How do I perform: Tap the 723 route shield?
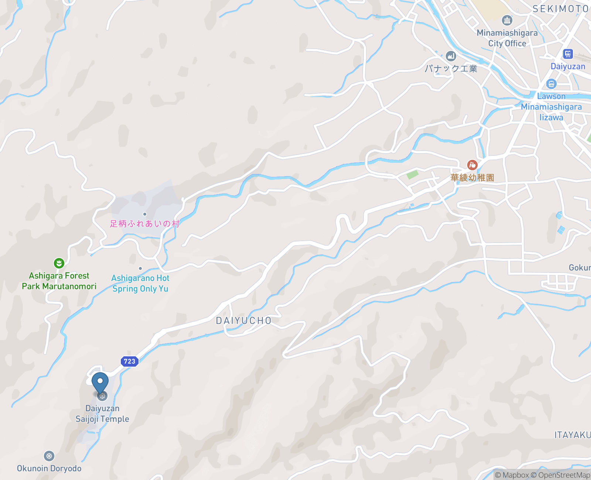pos(130,361)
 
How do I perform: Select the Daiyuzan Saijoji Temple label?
pos(102,414)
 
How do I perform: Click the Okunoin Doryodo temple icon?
pos(49,456)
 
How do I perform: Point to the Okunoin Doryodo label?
pos(49,468)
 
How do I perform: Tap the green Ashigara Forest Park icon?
pos(59,263)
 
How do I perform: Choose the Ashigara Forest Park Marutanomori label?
pos(59,281)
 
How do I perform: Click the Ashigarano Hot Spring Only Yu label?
pos(140,283)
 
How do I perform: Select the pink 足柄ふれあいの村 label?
pos(144,224)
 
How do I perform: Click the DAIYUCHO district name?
pos(244,320)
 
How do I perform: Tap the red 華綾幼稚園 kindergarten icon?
pos(472,165)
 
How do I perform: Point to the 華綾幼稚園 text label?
pos(472,178)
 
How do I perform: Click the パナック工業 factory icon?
pos(451,56)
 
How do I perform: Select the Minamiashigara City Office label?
pos(507,38)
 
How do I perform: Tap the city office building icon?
pos(507,20)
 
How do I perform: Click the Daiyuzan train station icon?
pos(568,54)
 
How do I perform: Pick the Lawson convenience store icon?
pos(551,84)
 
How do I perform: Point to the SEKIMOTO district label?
pos(560,9)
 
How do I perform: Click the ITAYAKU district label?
pos(572,435)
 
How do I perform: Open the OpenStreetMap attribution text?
pos(564,475)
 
